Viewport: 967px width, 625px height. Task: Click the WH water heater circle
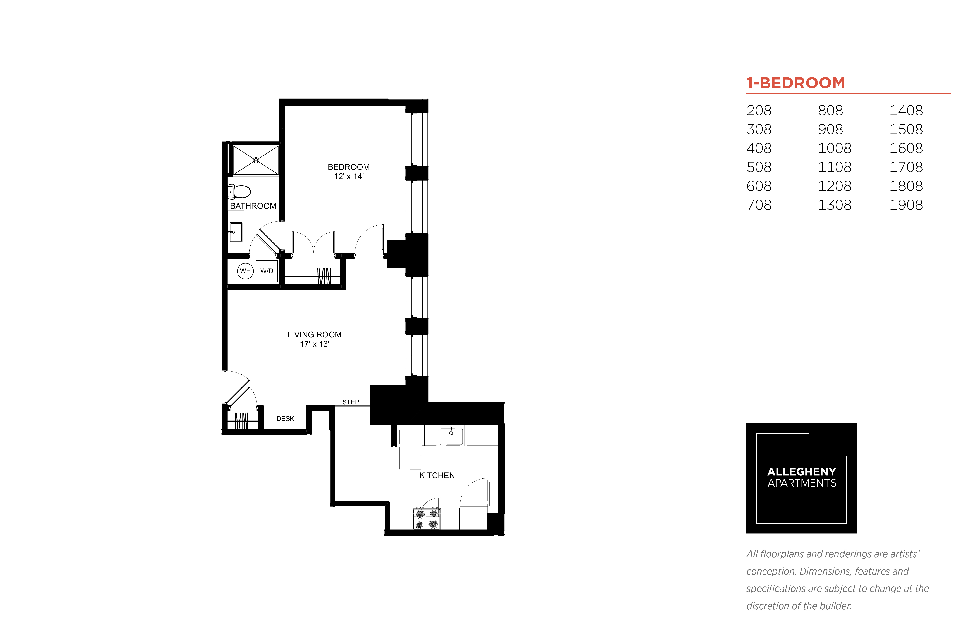245,271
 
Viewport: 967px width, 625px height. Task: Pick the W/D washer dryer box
267,271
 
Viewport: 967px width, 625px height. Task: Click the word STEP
351,402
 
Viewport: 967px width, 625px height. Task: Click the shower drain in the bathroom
256,160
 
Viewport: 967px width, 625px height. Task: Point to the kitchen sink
451,436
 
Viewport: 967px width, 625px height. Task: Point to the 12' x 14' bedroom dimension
349,176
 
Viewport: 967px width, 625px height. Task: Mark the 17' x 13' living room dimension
315,344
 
